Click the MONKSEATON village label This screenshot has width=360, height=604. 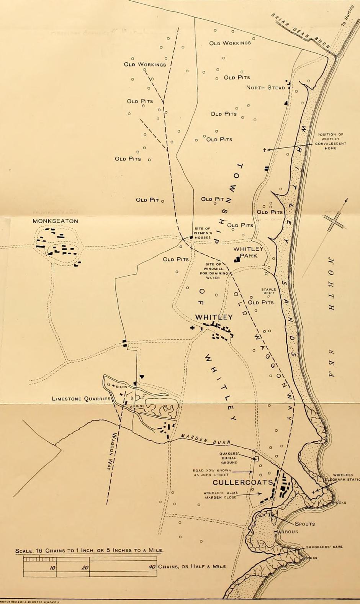tap(55, 221)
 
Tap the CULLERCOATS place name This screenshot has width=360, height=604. tap(242, 482)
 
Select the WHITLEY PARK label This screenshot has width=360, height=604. tap(249, 252)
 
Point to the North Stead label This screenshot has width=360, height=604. tap(265, 87)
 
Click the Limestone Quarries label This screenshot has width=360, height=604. tap(81, 399)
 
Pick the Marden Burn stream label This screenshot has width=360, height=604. tap(206, 439)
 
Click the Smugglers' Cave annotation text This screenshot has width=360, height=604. tap(324, 547)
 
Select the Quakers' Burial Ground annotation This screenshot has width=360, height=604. tap(229, 458)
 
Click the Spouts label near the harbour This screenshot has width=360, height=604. tap(304, 524)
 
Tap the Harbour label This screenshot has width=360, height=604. tap(286, 532)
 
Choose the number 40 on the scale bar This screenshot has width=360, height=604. tap(152, 567)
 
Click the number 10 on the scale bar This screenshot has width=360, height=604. tap(52, 568)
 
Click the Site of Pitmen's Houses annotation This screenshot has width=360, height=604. tap(202, 233)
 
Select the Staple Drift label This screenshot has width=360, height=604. tap(268, 291)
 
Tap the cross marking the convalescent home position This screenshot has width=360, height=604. tap(264, 150)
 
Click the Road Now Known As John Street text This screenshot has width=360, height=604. tap(210, 472)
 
